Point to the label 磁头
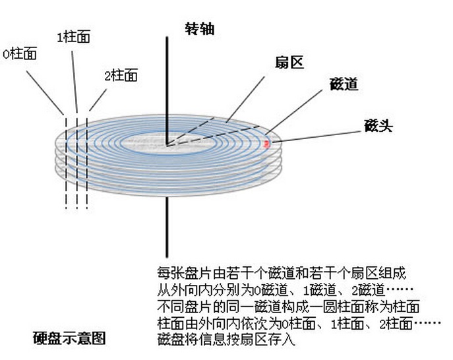pyautogui.click(x=378, y=126)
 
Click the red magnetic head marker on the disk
pyautogui.click(x=266, y=142)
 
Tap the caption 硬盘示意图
pyautogui.click(x=69, y=339)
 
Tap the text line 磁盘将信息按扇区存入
pyautogui.click(x=224, y=340)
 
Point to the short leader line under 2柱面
pyautogui.click(x=97, y=101)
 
